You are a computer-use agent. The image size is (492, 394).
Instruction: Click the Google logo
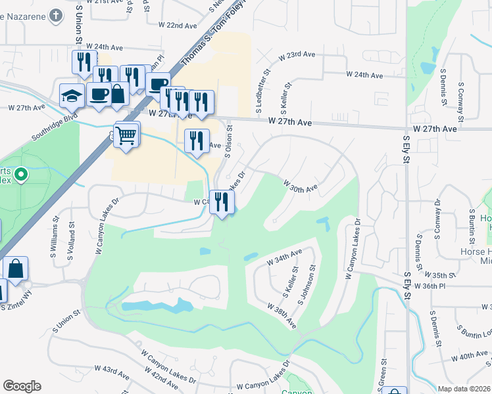click(22, 386)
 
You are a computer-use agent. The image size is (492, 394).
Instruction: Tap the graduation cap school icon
click(71, 96)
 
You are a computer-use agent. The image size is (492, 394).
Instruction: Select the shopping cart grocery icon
click(127, 135)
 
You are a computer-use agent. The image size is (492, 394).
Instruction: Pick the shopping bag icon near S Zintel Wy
click(15, 268)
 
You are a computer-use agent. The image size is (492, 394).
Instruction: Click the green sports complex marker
click(21, 175)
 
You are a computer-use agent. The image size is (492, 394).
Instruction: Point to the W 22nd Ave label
click(178, 25)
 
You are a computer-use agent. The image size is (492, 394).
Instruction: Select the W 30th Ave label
click(301, 186)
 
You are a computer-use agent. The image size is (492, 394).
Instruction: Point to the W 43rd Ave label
click(112, 373)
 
